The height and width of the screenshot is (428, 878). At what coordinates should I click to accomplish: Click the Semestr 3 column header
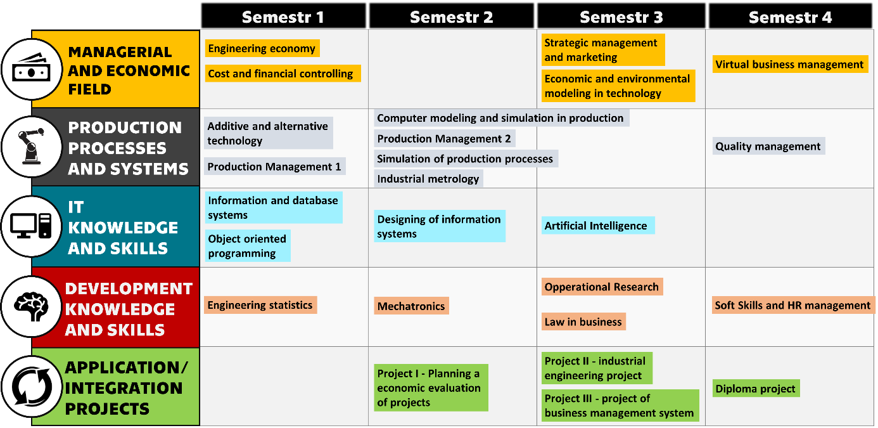[x=621, y=16]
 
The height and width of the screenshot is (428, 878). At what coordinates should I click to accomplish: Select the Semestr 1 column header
[x=283, y=16]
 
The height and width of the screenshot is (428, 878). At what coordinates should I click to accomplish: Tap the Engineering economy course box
[x=262, y=48]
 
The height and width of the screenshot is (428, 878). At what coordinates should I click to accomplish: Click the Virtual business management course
[x=790, y=64]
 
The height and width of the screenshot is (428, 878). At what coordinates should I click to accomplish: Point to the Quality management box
[x=768, y=146]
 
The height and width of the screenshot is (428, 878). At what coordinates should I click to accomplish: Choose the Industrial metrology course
[x=428, y=179]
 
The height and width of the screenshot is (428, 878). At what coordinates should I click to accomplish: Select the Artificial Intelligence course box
[x=598, y=226]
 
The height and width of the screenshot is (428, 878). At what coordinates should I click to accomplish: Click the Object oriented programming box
[x=247, y=246]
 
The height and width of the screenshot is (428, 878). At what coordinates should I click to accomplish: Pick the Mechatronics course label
[x=411, y=306]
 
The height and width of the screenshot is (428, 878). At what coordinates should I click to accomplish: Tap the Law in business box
[x=583, y=321]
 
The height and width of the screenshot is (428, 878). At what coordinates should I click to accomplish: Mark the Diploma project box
[x=756, y=389]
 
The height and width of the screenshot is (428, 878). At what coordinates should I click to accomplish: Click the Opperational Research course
[x=602, y=287]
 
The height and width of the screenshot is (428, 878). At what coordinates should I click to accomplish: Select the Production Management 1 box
[x=274, y=166]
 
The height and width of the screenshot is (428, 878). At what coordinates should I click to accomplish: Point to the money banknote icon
[x=32, y=68]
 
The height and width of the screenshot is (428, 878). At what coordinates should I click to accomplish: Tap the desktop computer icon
[x=31, y=226]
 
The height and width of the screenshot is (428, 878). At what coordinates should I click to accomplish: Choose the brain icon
[x=32, y=306]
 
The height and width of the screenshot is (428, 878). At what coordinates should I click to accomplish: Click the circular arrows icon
[x=32, y=386]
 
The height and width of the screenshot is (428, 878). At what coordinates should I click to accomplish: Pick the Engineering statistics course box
[x=260, y=305]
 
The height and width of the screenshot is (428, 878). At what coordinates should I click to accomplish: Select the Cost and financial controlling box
[x=283, y=74]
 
